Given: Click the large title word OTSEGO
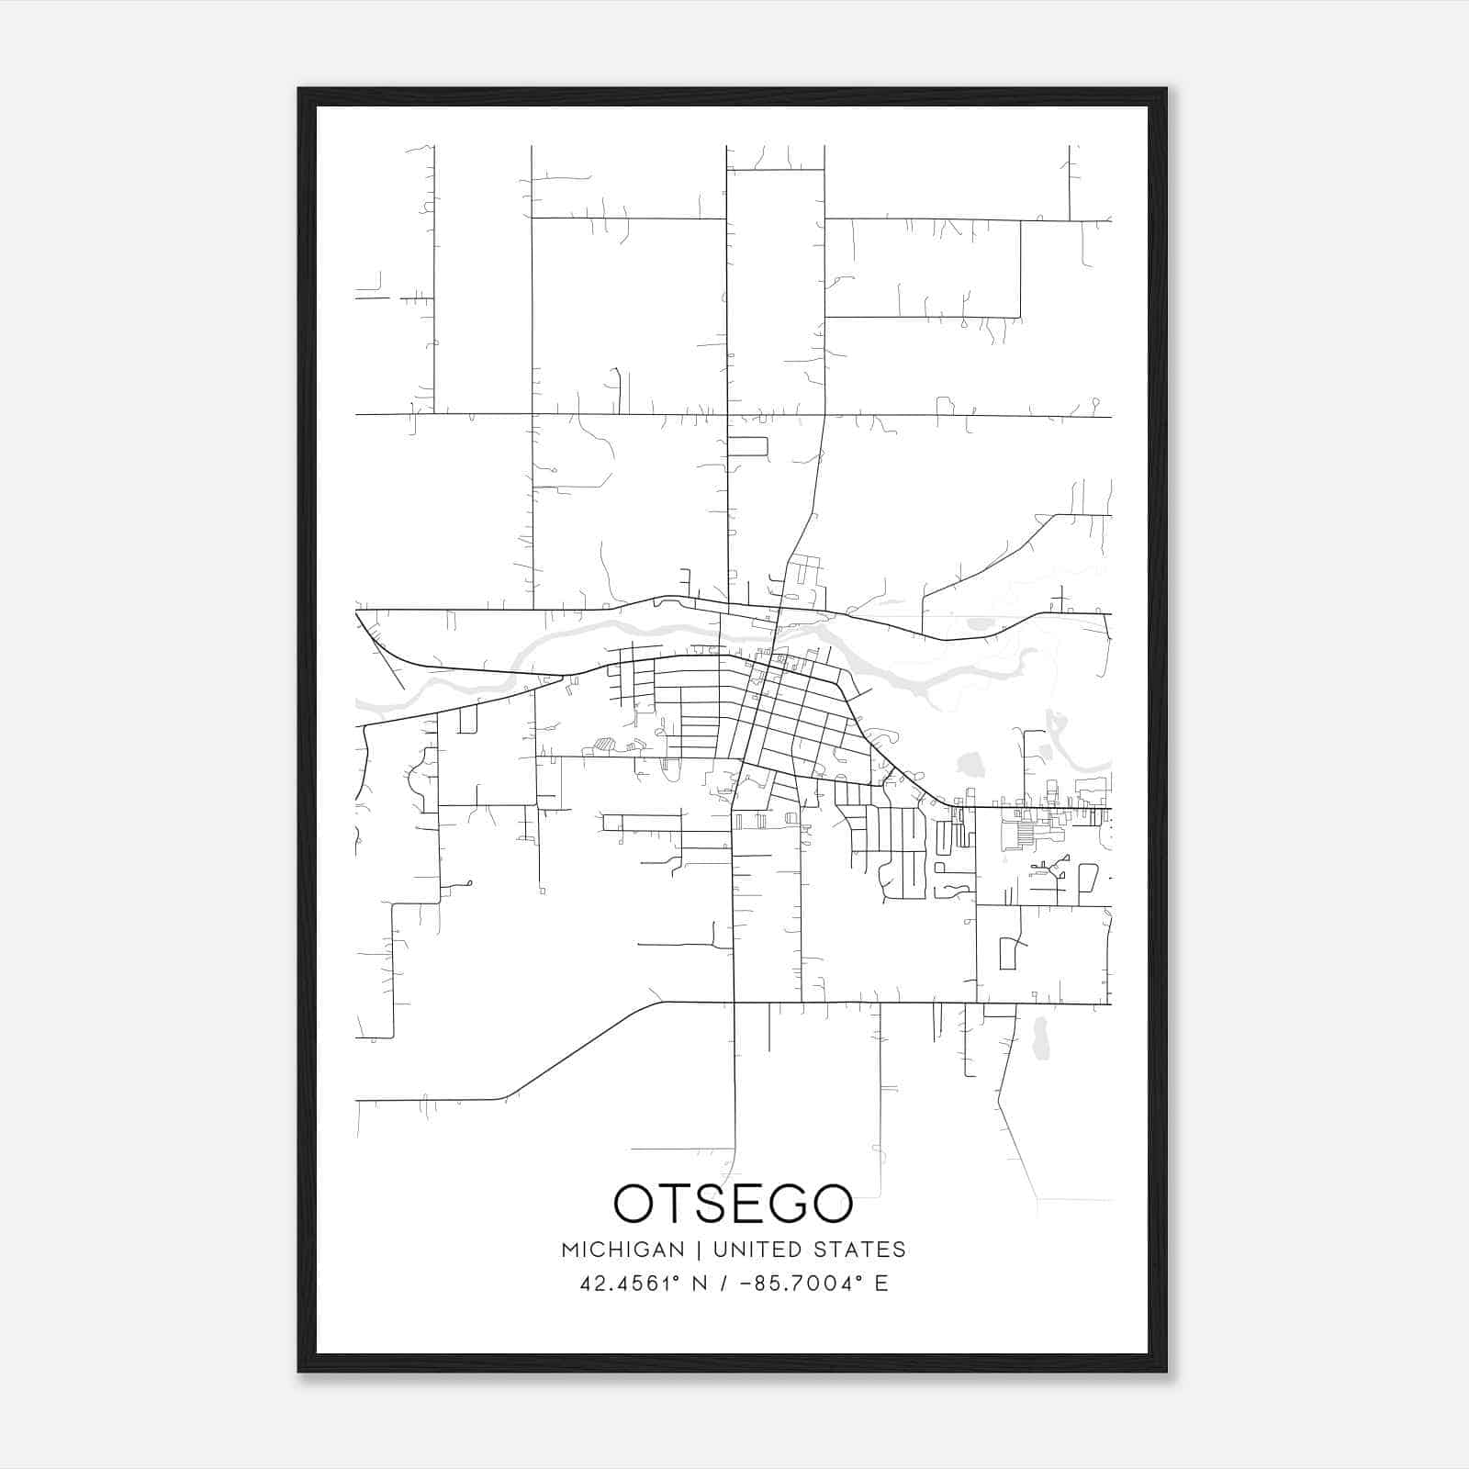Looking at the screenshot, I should click(x=733, y=1204).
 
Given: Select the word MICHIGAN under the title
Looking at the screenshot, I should click(x=622, y=1250).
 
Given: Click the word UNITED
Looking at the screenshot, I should click(x=750, y=1250).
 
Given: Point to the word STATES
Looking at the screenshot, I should click(x=858, y=1250).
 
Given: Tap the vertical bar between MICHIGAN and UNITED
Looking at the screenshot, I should click(x=699, y=1250).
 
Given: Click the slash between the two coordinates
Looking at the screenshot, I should click(x=725, y=1284).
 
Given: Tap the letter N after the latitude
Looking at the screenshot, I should click(x=700, y=1284).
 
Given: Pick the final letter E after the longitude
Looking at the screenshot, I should click(x=881, y=1284).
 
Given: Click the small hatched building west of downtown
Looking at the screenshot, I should click(x=604, y=746).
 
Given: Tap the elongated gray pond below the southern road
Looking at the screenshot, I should click(x=1040, y=1037).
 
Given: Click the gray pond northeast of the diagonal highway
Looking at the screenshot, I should click(x=970, y=763).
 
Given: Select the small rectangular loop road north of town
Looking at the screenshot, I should click(x=747, y=446).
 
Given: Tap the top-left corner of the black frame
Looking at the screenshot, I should click(x=299, y=90).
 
